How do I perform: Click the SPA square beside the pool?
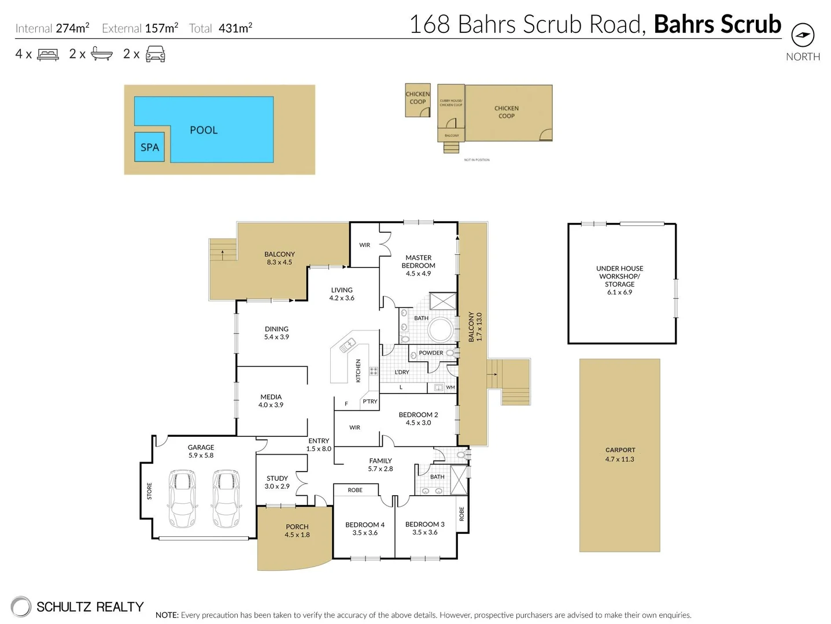[x=149, y=147]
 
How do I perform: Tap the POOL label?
[x=204, y=130]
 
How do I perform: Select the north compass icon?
[x=802, y=35]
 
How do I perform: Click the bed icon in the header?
[x=48, y=54]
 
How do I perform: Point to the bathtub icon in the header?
[x=102, y=54]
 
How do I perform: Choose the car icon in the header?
[x=156, y=54]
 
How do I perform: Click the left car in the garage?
[x=182, y=498]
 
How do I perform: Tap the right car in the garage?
[x=226, y=498]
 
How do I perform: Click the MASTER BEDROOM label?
[x=418, y=262]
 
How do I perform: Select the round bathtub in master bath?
[x=441, y=330]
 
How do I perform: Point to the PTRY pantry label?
[x=370, y=401]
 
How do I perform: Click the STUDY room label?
[x=277, y=478]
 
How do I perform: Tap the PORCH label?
[x=297, y=527]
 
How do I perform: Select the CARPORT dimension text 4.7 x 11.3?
[x=620, y=459]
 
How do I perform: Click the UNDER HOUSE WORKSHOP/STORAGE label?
[x=619, y=276]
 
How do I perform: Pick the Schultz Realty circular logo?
[x=21, y=607]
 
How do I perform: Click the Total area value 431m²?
[x=235, y=28]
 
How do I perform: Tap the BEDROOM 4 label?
[x=365, y=525]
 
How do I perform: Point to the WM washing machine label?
[x=450, y=387]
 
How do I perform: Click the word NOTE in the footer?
[x=167, y=615]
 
